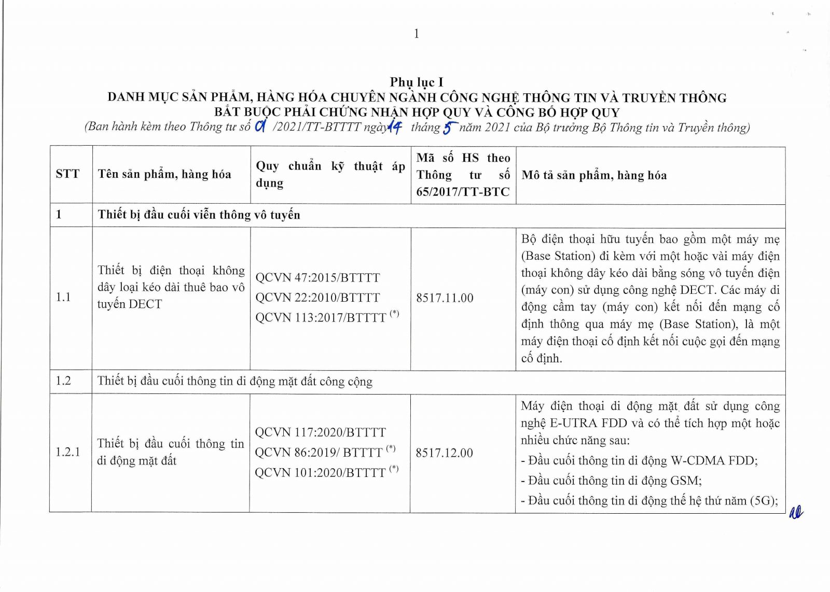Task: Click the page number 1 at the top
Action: (x=416, y=34)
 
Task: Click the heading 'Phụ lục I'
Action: (x=417, y=82)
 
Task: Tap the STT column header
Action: (x=68, y=174)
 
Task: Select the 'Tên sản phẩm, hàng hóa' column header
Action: (x=164, y=174)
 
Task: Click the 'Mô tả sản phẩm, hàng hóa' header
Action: (x=594, y=175)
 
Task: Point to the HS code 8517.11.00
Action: (x=445, y=298)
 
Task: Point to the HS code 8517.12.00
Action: (x=444, y=453)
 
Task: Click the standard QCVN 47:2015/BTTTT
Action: (x=317, y=278)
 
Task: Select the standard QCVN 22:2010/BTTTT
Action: (x=317, y=298)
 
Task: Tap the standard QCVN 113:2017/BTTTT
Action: (x=321, y=317)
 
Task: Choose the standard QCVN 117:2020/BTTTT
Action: (x=320, y=432)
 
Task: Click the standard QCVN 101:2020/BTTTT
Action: (x=320, y=472)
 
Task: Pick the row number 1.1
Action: (x=63, y=297)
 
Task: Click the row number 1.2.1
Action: (x=68, y=452)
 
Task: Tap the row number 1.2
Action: (x=63, y=381)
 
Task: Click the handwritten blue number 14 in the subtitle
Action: (x=395, y=126)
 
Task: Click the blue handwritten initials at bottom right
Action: (x=795, y=513)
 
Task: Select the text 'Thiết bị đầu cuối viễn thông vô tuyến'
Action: (x=199, y=215)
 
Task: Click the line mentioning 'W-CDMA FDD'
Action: (x=639, y=460)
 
